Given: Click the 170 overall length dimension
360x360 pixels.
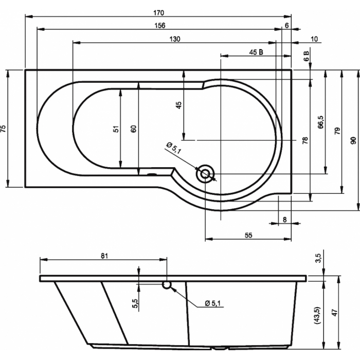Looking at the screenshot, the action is [x=159, y=13].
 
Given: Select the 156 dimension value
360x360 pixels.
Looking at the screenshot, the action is [x=160, y=26].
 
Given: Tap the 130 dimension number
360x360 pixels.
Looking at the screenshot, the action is [x=175, y=39].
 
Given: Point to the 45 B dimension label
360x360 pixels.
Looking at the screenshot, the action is [x=256, y=52].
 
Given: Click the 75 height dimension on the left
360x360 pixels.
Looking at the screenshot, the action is [x=4, y=129].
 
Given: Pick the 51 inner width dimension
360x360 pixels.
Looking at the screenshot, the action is [x=117, y=129].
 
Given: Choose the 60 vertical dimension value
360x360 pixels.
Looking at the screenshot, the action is [x=134, y=129].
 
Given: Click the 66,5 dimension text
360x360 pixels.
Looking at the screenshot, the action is [x=321, y=122].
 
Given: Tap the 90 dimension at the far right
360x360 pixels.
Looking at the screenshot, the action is [x=354, y=140].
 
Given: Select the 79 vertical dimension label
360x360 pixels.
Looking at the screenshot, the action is [x=337, y=131].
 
